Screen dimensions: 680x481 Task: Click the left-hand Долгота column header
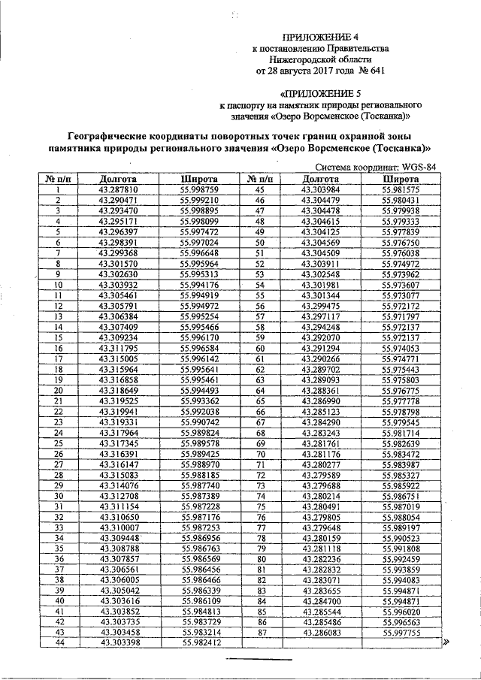(117, 180)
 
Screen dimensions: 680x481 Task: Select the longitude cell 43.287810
(117, 191)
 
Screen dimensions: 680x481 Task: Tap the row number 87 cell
(262, 633)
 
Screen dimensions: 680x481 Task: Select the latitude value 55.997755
(401, 633)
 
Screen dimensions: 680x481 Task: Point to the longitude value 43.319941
(117, 412)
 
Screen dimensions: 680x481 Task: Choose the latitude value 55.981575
(401, 191)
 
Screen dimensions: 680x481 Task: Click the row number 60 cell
(262, 349)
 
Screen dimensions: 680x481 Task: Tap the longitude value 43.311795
(117, 349)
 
